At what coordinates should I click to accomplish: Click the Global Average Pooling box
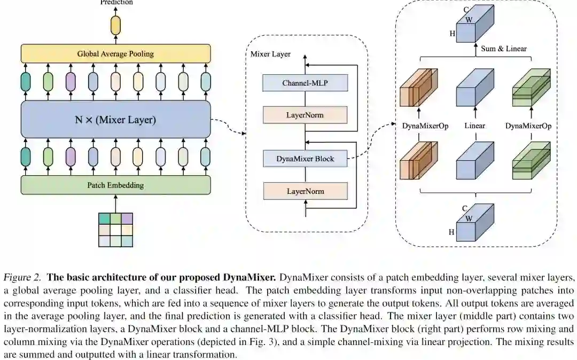[x=115, y=53]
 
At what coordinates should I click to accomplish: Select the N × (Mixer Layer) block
[x=115, y=120]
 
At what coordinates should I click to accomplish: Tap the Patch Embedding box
[x=115, y=185]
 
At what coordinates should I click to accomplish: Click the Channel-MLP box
[x=305, y=83]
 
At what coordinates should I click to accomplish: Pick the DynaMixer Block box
[x=305, y=159]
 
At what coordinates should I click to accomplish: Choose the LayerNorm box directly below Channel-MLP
[x=305, y=115]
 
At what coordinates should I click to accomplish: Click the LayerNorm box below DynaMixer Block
[x=305, y=191]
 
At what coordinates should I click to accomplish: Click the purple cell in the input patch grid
[x=127, y=218]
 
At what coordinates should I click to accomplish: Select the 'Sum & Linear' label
[x=504, y=49]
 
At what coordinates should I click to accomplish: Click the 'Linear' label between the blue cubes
[x=474, y=126]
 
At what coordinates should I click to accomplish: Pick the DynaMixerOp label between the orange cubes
[x=425, y=126]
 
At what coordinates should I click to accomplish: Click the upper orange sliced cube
[x=418, y=88]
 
